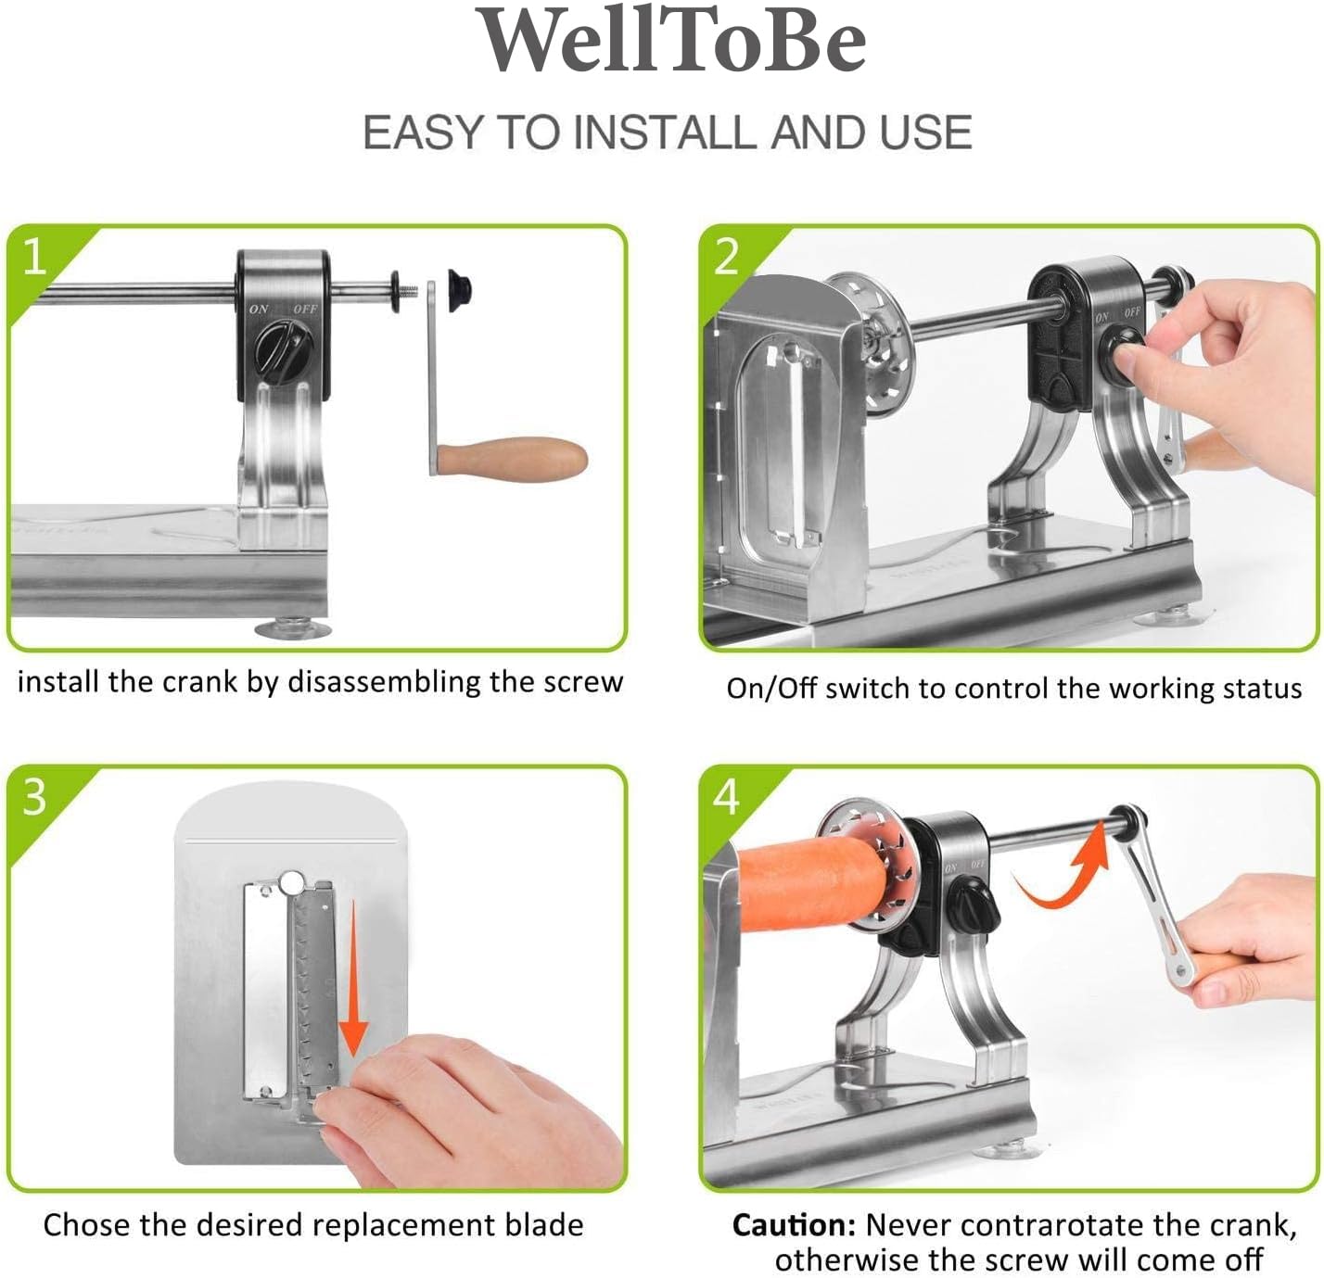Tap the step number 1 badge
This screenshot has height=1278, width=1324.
[34, 257]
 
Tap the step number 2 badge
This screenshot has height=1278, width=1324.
[726, 257]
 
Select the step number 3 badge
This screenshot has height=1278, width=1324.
[34, 796]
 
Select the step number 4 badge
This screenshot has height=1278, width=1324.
[726, 796]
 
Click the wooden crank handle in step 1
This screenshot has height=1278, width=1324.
[512, 459]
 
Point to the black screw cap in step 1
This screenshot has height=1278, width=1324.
[459, 290]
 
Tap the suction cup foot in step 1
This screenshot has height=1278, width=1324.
[293, 627]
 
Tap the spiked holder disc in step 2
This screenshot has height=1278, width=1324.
[879, 344]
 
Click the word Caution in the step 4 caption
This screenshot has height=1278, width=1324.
[794, 1225]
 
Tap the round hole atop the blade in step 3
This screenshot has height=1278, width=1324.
[292, 882]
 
